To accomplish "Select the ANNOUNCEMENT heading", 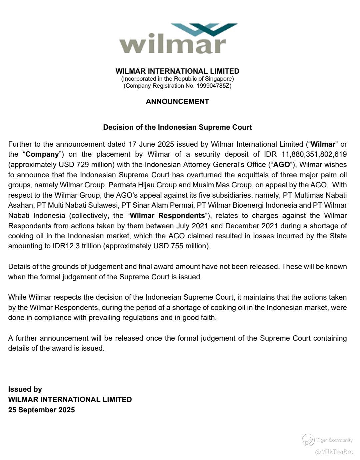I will point(177,102).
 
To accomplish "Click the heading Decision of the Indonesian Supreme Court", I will point(177,127).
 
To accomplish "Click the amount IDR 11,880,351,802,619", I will point(305,154).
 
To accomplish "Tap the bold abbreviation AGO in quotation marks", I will point(282,165).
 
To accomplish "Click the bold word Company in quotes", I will point(42,154).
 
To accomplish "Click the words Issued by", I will point(25,389).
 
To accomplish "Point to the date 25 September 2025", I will point(41,410).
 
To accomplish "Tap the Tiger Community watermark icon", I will point(308,440).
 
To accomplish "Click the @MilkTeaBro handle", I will point(334,452).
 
